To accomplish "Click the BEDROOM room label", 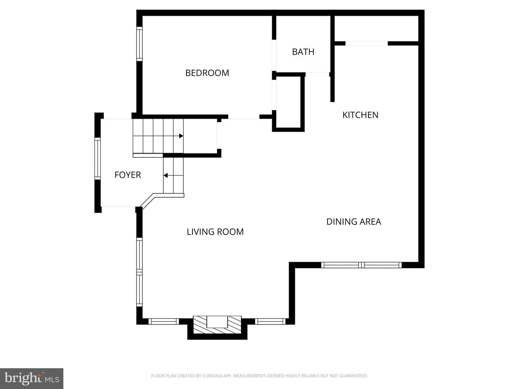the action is pyautogui.click(x=207, y=73).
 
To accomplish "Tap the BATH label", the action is pyautogui.click(x=303, y=52).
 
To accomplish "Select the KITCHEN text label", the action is pyautogui.click(x=360, y=115).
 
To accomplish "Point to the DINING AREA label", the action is pyautogui.click(x=354, y=222).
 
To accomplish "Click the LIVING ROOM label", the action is pyautogui.click(x=215, y=232).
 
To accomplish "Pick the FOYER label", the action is pyautogui.click(x=128, y=175).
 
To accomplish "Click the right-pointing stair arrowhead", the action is pyautogui.click(x=181, y=136).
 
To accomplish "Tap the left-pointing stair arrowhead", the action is pyautogui.click(x=165, y=175).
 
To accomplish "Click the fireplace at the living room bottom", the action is pyautogui.click(x=217, y=325).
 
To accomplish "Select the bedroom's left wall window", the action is pyautogui.click(x=139, y=44).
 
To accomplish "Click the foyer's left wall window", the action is pyautogui.click(x=97, y=158).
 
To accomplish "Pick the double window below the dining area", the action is pyautogui.click(x=361, y=265).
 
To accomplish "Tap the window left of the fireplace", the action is pyautogui.click(x=164, y=321).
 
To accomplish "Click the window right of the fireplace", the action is pyautogui.click(x=270, y=321).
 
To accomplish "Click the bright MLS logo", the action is pyautogui.click(x=32, y=379).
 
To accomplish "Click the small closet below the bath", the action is pyautogui.click(x=288, y=102).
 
